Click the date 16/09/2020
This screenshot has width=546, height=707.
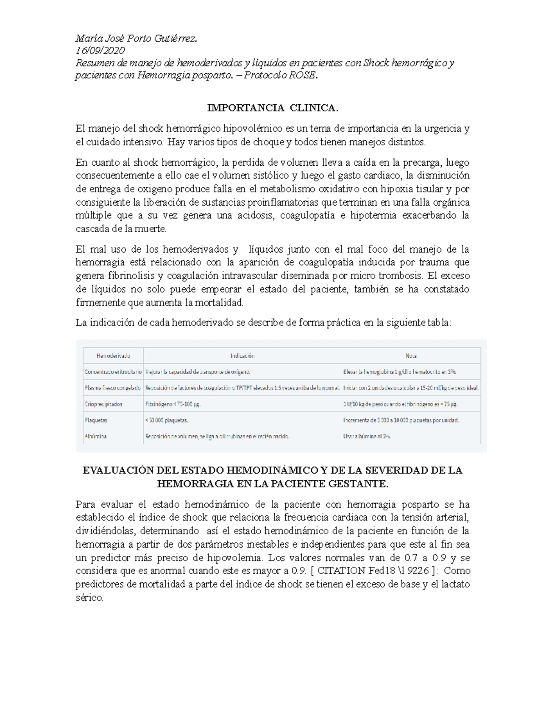[100, 51]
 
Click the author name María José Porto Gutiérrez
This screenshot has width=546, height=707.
[136, 38]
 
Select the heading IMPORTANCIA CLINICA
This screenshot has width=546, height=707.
[273, 108]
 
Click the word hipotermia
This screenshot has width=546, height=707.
[373, 215]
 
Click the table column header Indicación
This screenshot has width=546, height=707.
[242, 356]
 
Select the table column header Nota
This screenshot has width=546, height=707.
[411, 356]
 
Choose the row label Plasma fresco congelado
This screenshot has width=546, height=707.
[112, 388]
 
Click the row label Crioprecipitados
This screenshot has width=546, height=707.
[103, 404]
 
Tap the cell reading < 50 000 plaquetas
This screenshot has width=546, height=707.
[167, 420]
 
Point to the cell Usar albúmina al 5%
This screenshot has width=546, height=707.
[367, 436]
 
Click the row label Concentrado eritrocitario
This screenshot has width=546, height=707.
[113, 372]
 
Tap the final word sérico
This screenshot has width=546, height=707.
[89, 598]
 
